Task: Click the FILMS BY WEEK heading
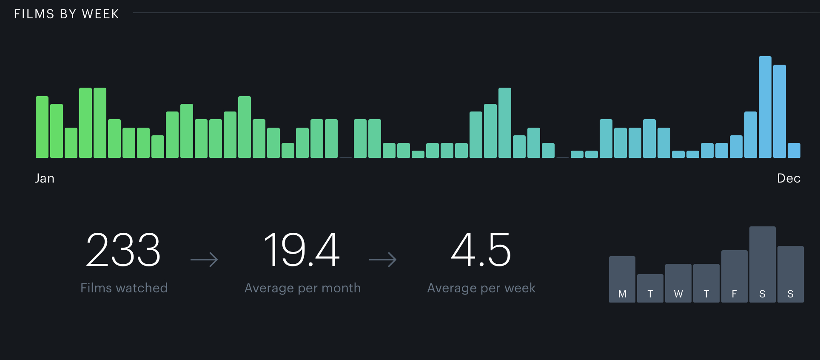66,14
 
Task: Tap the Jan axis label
45,178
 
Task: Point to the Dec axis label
789,178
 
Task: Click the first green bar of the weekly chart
42,127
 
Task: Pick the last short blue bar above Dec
794,151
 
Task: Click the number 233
123,250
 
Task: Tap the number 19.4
302,250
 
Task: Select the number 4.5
481,250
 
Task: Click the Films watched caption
124,288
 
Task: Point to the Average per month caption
302,288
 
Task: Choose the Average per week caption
481,288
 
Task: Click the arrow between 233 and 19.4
204,259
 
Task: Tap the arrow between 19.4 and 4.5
383,259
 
